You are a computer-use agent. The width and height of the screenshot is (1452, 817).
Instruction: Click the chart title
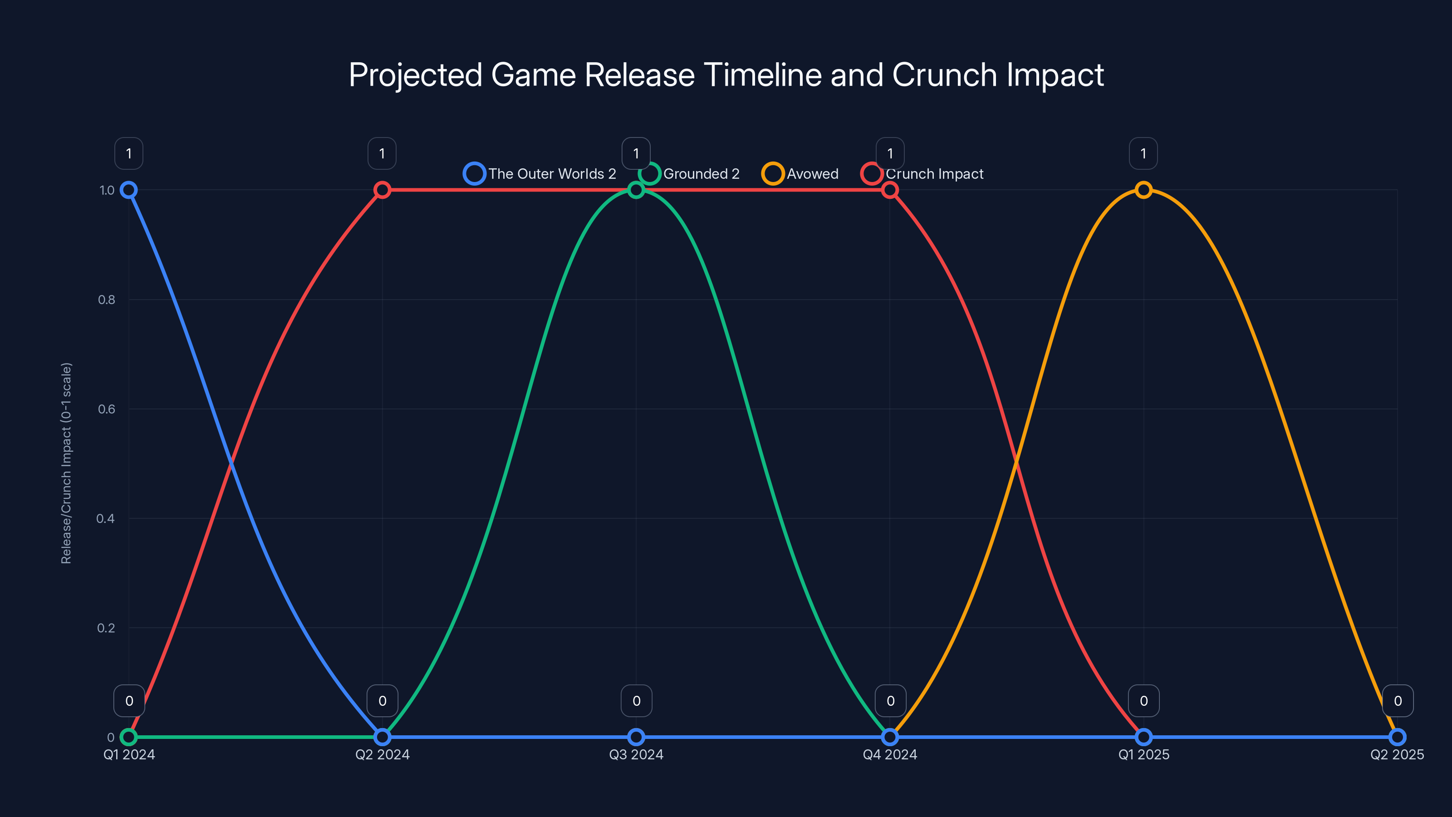click(726, 74)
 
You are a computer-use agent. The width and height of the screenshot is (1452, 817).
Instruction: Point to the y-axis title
click(67, 463)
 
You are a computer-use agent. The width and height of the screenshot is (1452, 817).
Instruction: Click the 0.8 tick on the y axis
click(107, 300)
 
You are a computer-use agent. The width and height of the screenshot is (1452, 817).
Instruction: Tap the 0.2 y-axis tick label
click(106, 628)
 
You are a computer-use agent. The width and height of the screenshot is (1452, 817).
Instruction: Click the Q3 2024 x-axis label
click(636, 754)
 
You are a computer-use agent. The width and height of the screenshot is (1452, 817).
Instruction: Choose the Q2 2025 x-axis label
click(1397, 754)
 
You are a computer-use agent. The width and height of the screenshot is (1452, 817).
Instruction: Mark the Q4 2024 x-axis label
click(889, 754)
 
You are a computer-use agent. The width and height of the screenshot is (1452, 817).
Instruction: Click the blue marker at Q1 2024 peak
click(128, 190)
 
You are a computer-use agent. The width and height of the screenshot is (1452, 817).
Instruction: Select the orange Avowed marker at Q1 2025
click(1143, 190)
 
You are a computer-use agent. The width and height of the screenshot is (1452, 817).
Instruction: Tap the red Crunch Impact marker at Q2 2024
click(382, 190)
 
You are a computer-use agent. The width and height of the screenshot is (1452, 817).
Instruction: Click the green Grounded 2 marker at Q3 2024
click(636, 190)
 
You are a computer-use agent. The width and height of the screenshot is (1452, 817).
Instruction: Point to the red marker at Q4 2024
click(889, 190)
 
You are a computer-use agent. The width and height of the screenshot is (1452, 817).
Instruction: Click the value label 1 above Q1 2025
click(1143, 153)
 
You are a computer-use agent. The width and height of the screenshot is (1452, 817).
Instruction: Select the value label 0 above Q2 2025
click(1398, 701)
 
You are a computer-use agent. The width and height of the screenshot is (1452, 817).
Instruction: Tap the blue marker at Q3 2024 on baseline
click(636, 737)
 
